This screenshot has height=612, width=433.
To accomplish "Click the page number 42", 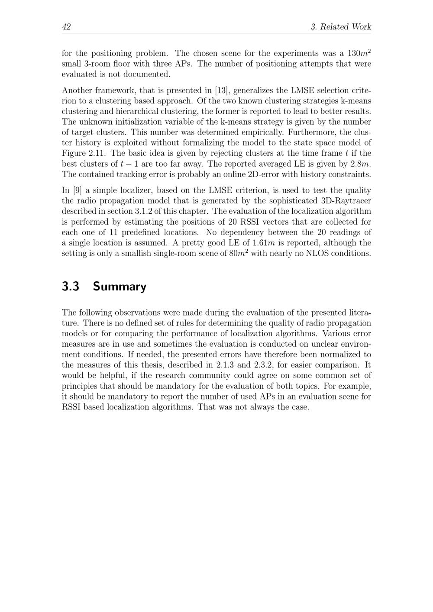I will coord(66,27).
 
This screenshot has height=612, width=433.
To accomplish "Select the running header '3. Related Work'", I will coord(341,27).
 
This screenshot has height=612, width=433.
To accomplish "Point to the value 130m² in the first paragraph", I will coord(359,53).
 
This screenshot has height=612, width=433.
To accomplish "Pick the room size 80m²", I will coord(238,253).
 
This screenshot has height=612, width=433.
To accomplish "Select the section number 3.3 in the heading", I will coord(71,287).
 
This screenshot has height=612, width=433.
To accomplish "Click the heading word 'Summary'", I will coord(120,287).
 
